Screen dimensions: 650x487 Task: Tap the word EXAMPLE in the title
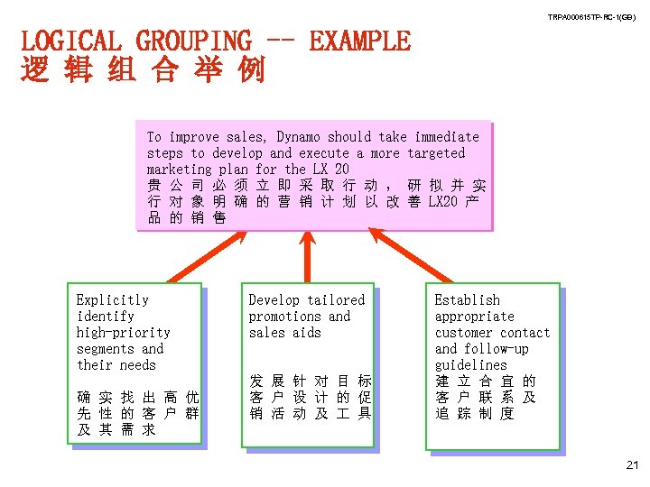tap(359, 41)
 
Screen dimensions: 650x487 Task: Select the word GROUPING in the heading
tap(193, 41)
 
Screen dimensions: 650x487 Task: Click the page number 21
tap(631, 464)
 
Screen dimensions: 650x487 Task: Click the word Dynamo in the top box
tap(299, 137)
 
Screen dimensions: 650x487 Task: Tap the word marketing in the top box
tap(179, 170)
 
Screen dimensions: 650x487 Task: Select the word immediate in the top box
tap(447, 137)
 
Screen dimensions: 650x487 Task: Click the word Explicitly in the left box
tap(113, 300)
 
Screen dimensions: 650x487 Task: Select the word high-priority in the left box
tap(123, 333)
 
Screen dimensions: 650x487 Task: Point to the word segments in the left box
tap(105, 349)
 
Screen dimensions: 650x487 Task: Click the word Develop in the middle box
tap(274, 300)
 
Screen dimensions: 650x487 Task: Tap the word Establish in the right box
tap(467, 300)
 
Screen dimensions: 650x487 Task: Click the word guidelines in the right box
tap(471, 365)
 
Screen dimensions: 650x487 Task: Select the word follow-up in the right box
tap(496, 349)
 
